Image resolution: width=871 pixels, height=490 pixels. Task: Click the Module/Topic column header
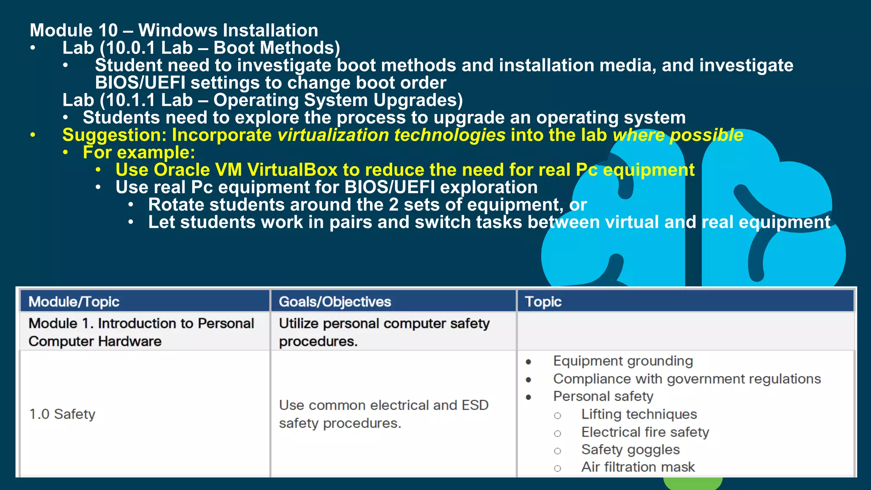click(x=74, y=302)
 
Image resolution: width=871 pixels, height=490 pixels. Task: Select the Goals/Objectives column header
click(x=335, y=302)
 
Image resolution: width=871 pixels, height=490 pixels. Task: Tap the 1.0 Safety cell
click(x=62, y=414)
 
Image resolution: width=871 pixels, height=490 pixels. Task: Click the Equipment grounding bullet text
click(x=623, y=361)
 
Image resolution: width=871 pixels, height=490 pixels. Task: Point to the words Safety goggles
click(x=630, y=450)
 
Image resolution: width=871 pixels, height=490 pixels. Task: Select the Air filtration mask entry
click(x=638, y=467)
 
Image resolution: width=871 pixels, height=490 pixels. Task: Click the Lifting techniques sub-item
click(x=639, y=414)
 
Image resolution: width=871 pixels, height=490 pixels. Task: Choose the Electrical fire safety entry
click(x=645, y=432)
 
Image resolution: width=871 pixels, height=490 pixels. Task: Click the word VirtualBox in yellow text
click(x=292, y=170)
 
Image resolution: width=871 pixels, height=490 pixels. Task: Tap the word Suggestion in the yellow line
click(x=114, y=135)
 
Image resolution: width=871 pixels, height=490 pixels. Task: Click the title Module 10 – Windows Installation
click(x=174, y=30)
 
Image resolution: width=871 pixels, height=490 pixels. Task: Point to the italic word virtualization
click(x=333, y=135)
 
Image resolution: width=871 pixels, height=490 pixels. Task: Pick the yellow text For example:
click(x=139, y=152)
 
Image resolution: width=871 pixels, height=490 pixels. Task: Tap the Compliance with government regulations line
click(x=686, y=379)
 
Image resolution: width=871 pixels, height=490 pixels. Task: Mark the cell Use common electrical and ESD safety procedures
click(x=383, y=414)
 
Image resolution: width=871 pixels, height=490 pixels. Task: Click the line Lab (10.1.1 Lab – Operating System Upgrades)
click(x=262, y=100)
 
